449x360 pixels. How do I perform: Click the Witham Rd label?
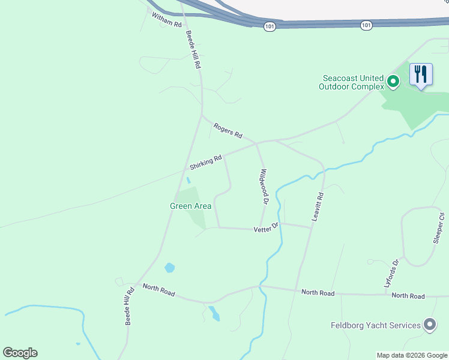point(166,20)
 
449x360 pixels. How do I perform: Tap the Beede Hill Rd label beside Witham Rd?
point(192,50)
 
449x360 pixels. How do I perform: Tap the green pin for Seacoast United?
point(393,81)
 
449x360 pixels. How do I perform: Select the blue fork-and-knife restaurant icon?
point(420,75)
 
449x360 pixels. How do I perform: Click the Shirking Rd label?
point(206,162)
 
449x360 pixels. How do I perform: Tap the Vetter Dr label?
point(267,228)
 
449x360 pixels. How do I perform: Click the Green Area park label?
point(190,206)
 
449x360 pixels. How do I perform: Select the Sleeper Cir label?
point(439,228)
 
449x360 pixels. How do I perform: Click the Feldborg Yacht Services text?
point(376,326)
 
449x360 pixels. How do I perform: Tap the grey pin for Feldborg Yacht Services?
point(430,325)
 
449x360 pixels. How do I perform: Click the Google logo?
point(20,353)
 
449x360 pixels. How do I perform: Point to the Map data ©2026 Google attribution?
point(412,355)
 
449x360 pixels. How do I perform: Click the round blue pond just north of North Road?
point(169,268)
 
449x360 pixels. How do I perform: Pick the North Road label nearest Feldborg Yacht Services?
point(408,296)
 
